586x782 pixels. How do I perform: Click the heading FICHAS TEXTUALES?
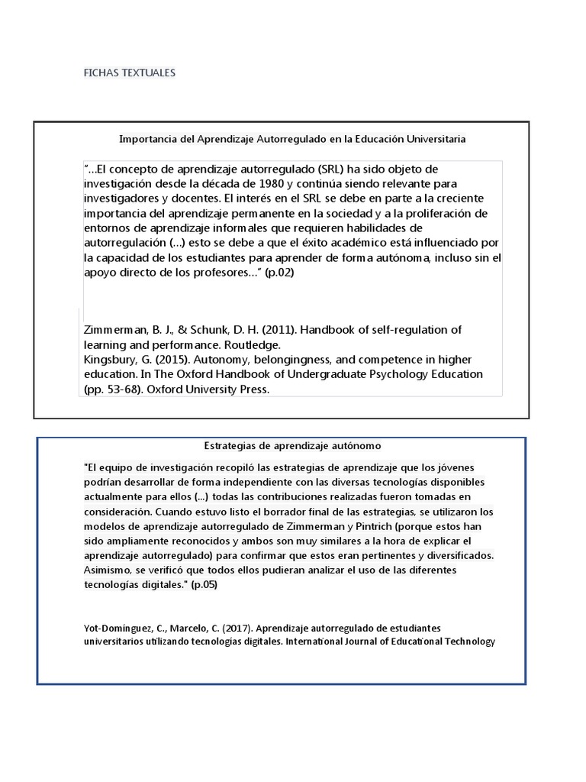coord(129,73)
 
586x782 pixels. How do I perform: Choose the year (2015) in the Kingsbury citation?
coord(172,360)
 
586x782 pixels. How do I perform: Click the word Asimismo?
coord(108,570)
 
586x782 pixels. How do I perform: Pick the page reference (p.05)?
coord(204,585)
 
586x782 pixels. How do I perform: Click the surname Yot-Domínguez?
coord(117,628)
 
